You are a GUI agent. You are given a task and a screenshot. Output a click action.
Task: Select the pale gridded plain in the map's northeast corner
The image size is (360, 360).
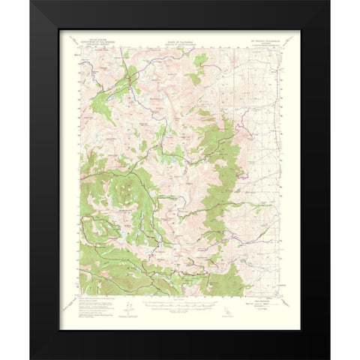point(259,75)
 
